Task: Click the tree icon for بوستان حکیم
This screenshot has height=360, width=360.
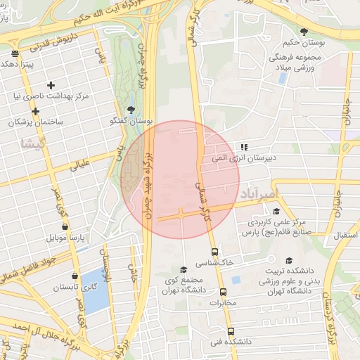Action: click(304, 32)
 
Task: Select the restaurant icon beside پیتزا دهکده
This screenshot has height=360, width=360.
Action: click(15, 53)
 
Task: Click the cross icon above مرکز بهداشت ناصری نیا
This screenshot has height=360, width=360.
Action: click(51, 85)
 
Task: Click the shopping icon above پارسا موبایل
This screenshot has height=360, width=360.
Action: click(65, 227)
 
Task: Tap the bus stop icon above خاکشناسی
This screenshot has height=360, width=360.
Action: click(214, 252)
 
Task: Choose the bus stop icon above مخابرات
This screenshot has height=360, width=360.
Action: click(224, 292)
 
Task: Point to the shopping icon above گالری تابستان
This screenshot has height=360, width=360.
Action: click(75, 276)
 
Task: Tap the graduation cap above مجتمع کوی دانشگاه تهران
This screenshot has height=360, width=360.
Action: click(184, 270)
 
